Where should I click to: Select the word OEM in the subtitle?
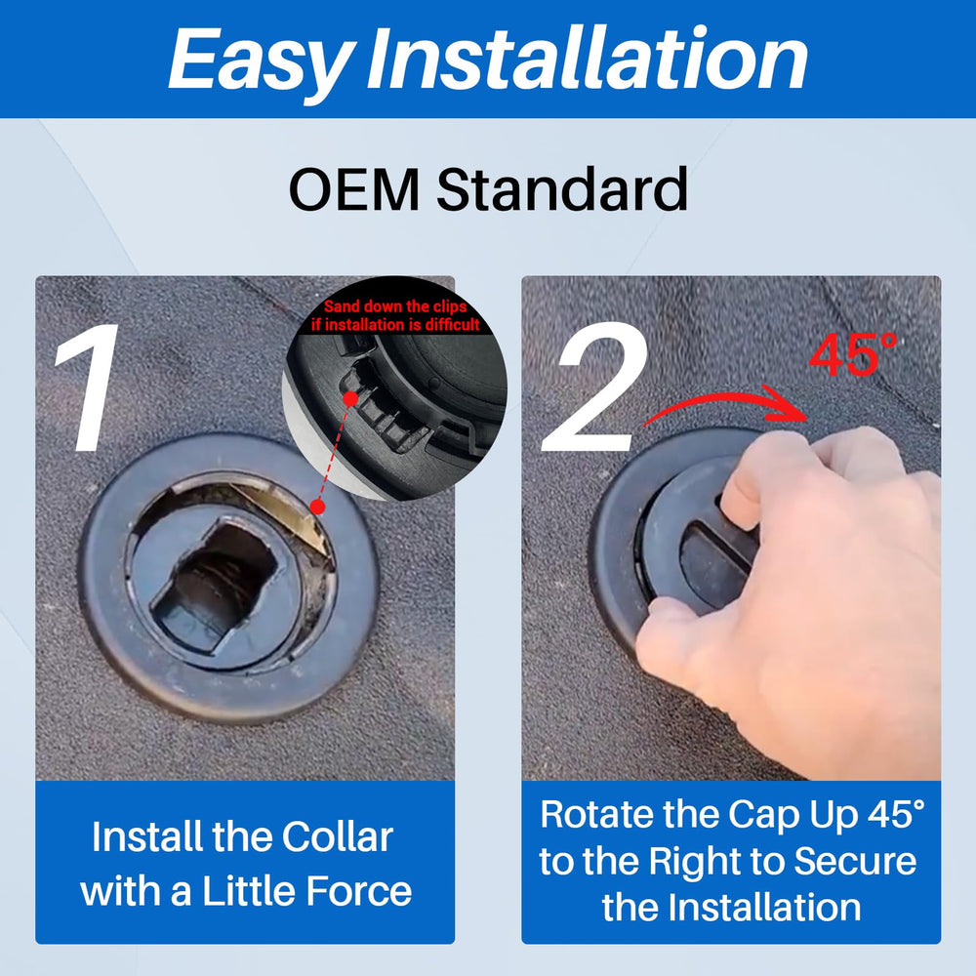click(x=354, y=190)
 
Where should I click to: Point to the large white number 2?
click(x=593, y=387)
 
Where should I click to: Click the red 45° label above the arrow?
click(x=853, y=354)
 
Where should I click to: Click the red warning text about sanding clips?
click(x=395, y=315)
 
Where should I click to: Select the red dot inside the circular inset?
click(x=351, y=399)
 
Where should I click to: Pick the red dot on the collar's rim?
click(x=317, y=508)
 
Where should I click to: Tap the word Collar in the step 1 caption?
click(x=338, y=836)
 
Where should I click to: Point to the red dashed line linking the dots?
click(x=334, y=453)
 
